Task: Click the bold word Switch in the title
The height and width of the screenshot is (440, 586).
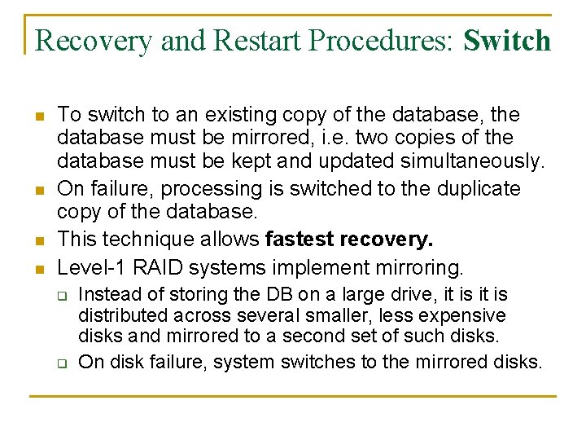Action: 507,40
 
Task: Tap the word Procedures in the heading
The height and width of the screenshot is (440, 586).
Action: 356,41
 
